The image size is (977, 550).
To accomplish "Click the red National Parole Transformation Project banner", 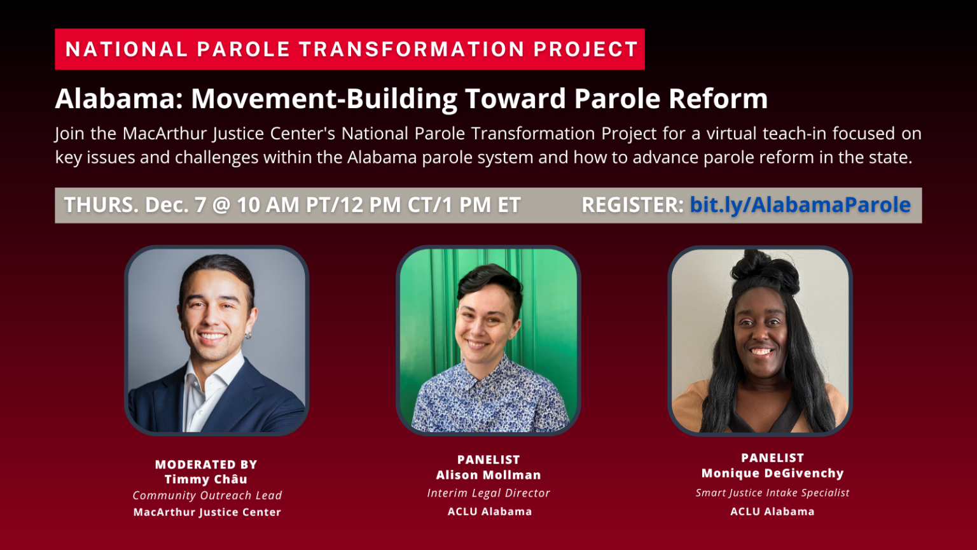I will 350,49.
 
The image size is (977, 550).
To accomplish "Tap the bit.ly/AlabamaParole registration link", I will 800,205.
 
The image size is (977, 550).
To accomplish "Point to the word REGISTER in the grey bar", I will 632,205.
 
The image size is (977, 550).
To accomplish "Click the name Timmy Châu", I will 206,479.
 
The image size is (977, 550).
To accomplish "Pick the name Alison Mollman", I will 488,475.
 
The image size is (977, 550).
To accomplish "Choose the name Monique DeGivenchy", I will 772,473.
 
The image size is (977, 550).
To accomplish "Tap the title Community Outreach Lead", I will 207,495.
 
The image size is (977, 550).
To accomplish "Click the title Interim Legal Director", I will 488,493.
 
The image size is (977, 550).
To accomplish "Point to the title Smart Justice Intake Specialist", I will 772,493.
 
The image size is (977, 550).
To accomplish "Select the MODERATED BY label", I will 206,465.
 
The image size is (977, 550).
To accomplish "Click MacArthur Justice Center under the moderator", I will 207,512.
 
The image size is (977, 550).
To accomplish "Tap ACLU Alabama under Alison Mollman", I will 489,511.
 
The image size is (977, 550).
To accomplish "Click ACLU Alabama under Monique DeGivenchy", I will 772,511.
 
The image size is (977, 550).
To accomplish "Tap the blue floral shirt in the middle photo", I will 490,401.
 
